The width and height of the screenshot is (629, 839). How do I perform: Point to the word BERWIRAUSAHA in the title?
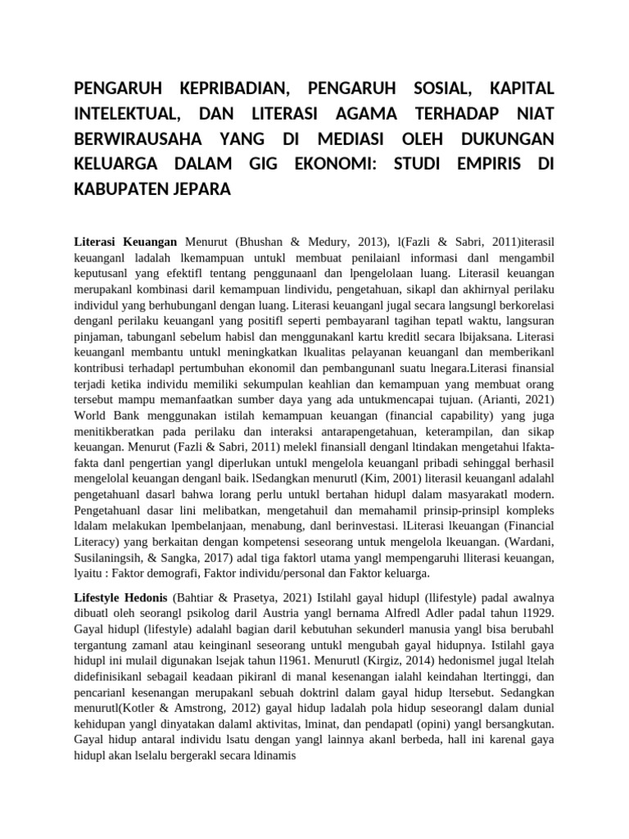(139, 138)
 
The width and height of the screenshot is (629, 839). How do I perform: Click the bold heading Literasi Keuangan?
(126, 243)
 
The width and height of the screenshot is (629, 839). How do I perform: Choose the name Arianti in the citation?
(498, 399)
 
